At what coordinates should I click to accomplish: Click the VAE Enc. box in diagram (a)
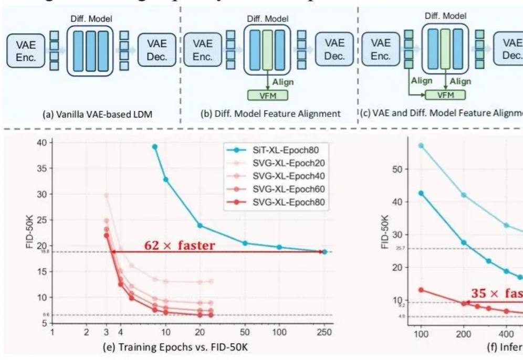click(x=26, y=51)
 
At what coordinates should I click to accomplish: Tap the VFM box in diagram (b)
click(x=268, y=95)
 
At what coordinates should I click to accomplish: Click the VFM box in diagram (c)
click(x=445, y=95)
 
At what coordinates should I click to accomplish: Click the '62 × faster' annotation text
click(x=179, y=246)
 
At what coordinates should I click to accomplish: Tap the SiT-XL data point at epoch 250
click(x=325, y=252)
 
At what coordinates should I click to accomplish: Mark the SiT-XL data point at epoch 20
click(x=200, y=226)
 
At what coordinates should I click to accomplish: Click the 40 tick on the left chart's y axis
click(x=41, y=143)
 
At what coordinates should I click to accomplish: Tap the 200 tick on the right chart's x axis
click(x=464, y=334)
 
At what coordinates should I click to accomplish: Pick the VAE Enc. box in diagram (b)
click(x=202, y=50)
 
